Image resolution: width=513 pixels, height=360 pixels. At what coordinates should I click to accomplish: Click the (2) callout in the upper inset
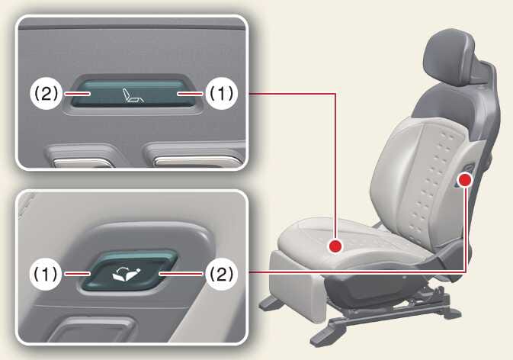coord(46,94)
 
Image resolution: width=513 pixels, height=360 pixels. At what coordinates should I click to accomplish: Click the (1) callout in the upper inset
coord(222,94)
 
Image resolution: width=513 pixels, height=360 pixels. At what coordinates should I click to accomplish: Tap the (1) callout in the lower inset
coord(46,274)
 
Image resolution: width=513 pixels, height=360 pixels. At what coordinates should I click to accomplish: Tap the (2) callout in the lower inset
coord(222,274)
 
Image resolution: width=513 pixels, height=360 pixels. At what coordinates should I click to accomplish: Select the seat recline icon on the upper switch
coord(133,95)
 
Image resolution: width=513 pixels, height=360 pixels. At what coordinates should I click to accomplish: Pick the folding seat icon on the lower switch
coord(128,274)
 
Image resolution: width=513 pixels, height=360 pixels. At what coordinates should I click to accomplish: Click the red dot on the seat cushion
coord(335,246)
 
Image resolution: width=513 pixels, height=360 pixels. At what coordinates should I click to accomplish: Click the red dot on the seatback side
coord(465,180)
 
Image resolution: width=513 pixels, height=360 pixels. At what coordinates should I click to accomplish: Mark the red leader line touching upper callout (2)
coord(77,94)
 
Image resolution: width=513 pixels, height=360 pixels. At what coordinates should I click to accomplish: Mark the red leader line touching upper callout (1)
coord(191,94)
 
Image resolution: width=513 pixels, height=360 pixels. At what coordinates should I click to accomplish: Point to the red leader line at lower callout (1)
coord(77,274)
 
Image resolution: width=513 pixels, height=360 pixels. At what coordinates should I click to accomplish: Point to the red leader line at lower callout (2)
coord(181,273)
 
